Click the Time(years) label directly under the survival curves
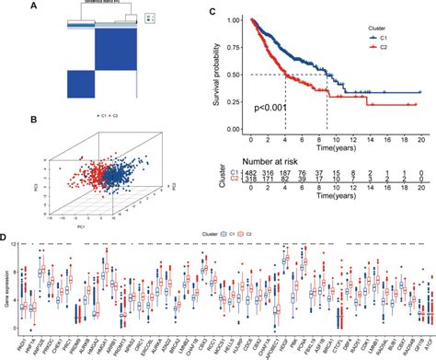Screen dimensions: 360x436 pos(337,145)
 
